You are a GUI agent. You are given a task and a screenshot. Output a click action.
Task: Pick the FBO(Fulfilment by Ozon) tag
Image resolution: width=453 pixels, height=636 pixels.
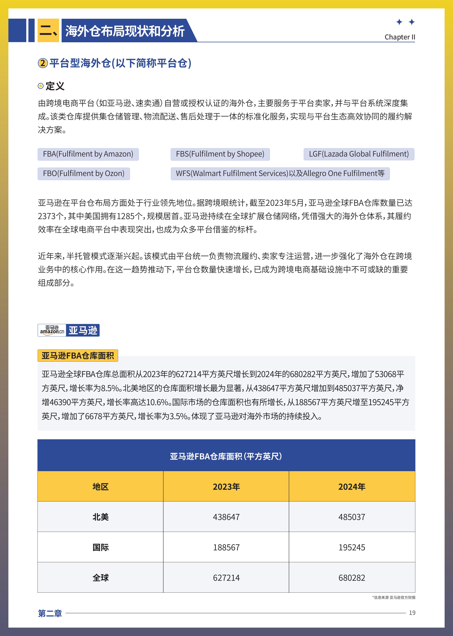(x=84, y=174)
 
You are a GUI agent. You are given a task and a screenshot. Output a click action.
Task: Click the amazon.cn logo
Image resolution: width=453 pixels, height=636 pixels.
(x=52, y=330)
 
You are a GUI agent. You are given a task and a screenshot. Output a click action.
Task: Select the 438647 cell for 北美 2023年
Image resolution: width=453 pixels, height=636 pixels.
(x=226, y=517)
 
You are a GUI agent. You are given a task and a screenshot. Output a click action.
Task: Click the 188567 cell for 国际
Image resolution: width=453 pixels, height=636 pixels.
(x=226, y=548)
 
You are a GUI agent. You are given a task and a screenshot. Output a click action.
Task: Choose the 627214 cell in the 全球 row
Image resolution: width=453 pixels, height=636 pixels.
(x=226, y=578)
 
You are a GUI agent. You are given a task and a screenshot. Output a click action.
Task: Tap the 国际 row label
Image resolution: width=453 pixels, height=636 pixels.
(x=100, y=548)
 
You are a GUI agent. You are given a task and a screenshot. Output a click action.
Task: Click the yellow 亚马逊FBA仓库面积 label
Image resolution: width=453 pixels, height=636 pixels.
(x=78, y=356)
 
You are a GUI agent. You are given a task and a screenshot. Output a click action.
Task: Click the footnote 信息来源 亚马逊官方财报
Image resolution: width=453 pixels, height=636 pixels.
(x=394, y=597)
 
